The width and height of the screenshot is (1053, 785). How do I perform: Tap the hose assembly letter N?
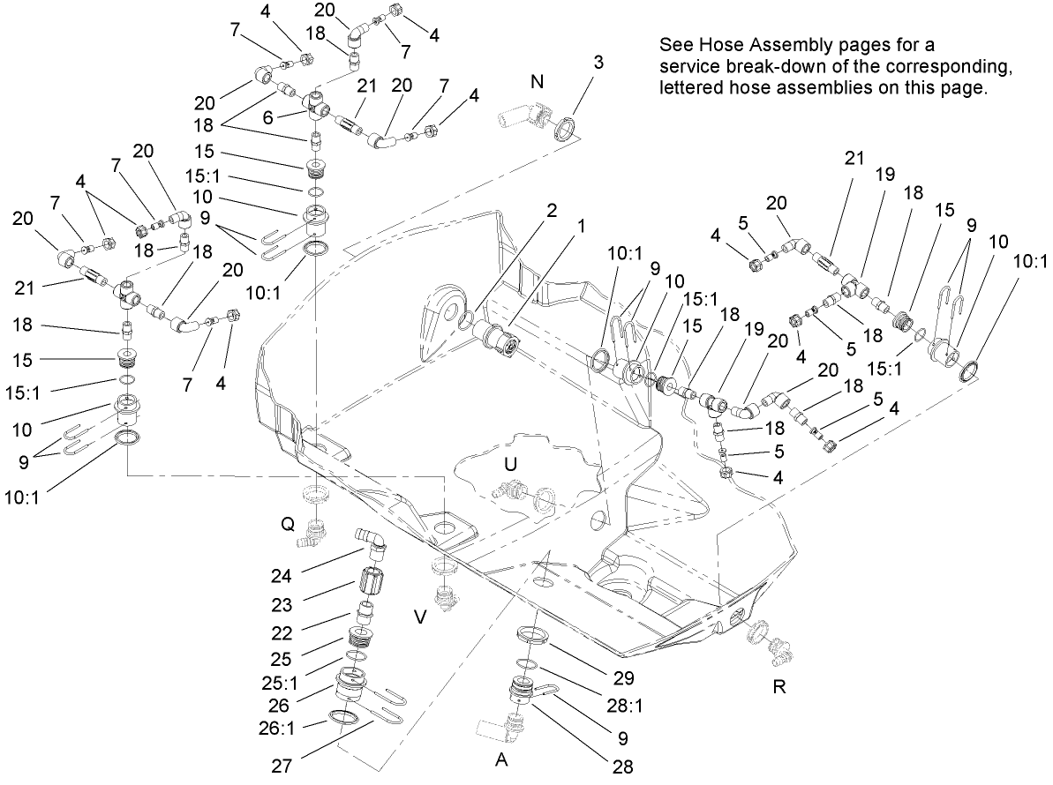(537, 82)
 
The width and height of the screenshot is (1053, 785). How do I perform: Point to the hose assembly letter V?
(421, 617)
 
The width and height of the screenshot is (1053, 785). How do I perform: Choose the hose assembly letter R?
(778, 687)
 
